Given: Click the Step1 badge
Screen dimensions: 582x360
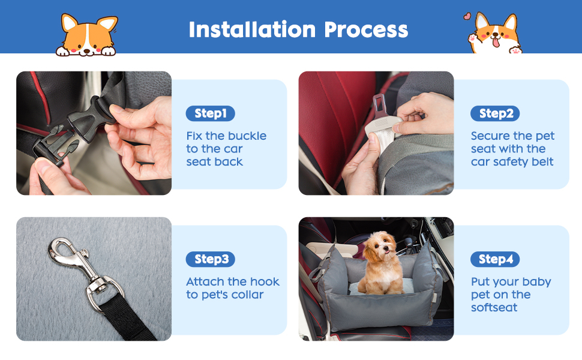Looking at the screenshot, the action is tap(210, 113).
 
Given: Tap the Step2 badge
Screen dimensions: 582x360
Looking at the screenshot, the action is tap(495, 113).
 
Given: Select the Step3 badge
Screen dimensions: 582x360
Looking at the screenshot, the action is tap(210, 259).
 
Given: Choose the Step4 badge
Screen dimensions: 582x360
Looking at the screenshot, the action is tap(495, 259).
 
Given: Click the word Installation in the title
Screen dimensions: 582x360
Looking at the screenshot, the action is tap(252, 29).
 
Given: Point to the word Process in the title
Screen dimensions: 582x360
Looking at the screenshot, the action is tap(366, 29).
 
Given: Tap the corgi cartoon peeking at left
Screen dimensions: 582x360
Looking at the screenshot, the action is tap(88, 35).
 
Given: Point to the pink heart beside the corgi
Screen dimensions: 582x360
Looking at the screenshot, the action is tap(467, 16).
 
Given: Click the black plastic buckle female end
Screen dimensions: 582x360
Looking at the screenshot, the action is tap(89, 119).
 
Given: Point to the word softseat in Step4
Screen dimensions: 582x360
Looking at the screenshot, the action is tap(494, 308).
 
